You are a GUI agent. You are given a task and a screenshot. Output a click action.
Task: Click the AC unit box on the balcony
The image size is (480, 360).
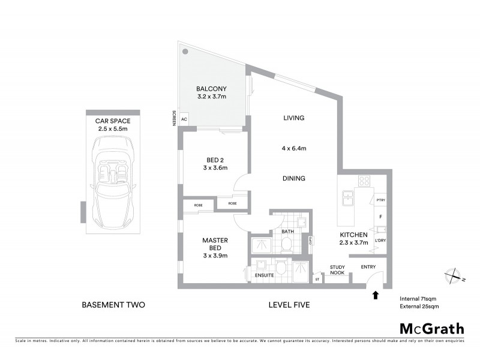click(184, 119)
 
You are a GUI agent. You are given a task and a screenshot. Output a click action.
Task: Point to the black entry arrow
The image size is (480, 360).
click(376, 295)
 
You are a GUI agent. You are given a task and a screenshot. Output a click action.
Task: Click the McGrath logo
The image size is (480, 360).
click(431, 328)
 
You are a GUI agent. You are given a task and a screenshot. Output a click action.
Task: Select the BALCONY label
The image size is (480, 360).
click(211, 88)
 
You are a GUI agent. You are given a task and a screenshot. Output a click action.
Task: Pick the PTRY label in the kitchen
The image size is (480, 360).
click(380, 200)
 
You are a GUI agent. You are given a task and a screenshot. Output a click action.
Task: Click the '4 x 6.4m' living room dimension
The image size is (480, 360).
click(295, 148)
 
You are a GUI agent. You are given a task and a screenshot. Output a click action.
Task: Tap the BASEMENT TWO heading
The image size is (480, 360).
click(113, 305)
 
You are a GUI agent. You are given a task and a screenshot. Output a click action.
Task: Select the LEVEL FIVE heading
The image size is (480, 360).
click(289, 305)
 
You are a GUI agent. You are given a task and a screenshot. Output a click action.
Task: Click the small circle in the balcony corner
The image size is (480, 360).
click(186, 52)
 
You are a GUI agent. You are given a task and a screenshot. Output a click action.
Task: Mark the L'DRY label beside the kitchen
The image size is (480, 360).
click(380, 240)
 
